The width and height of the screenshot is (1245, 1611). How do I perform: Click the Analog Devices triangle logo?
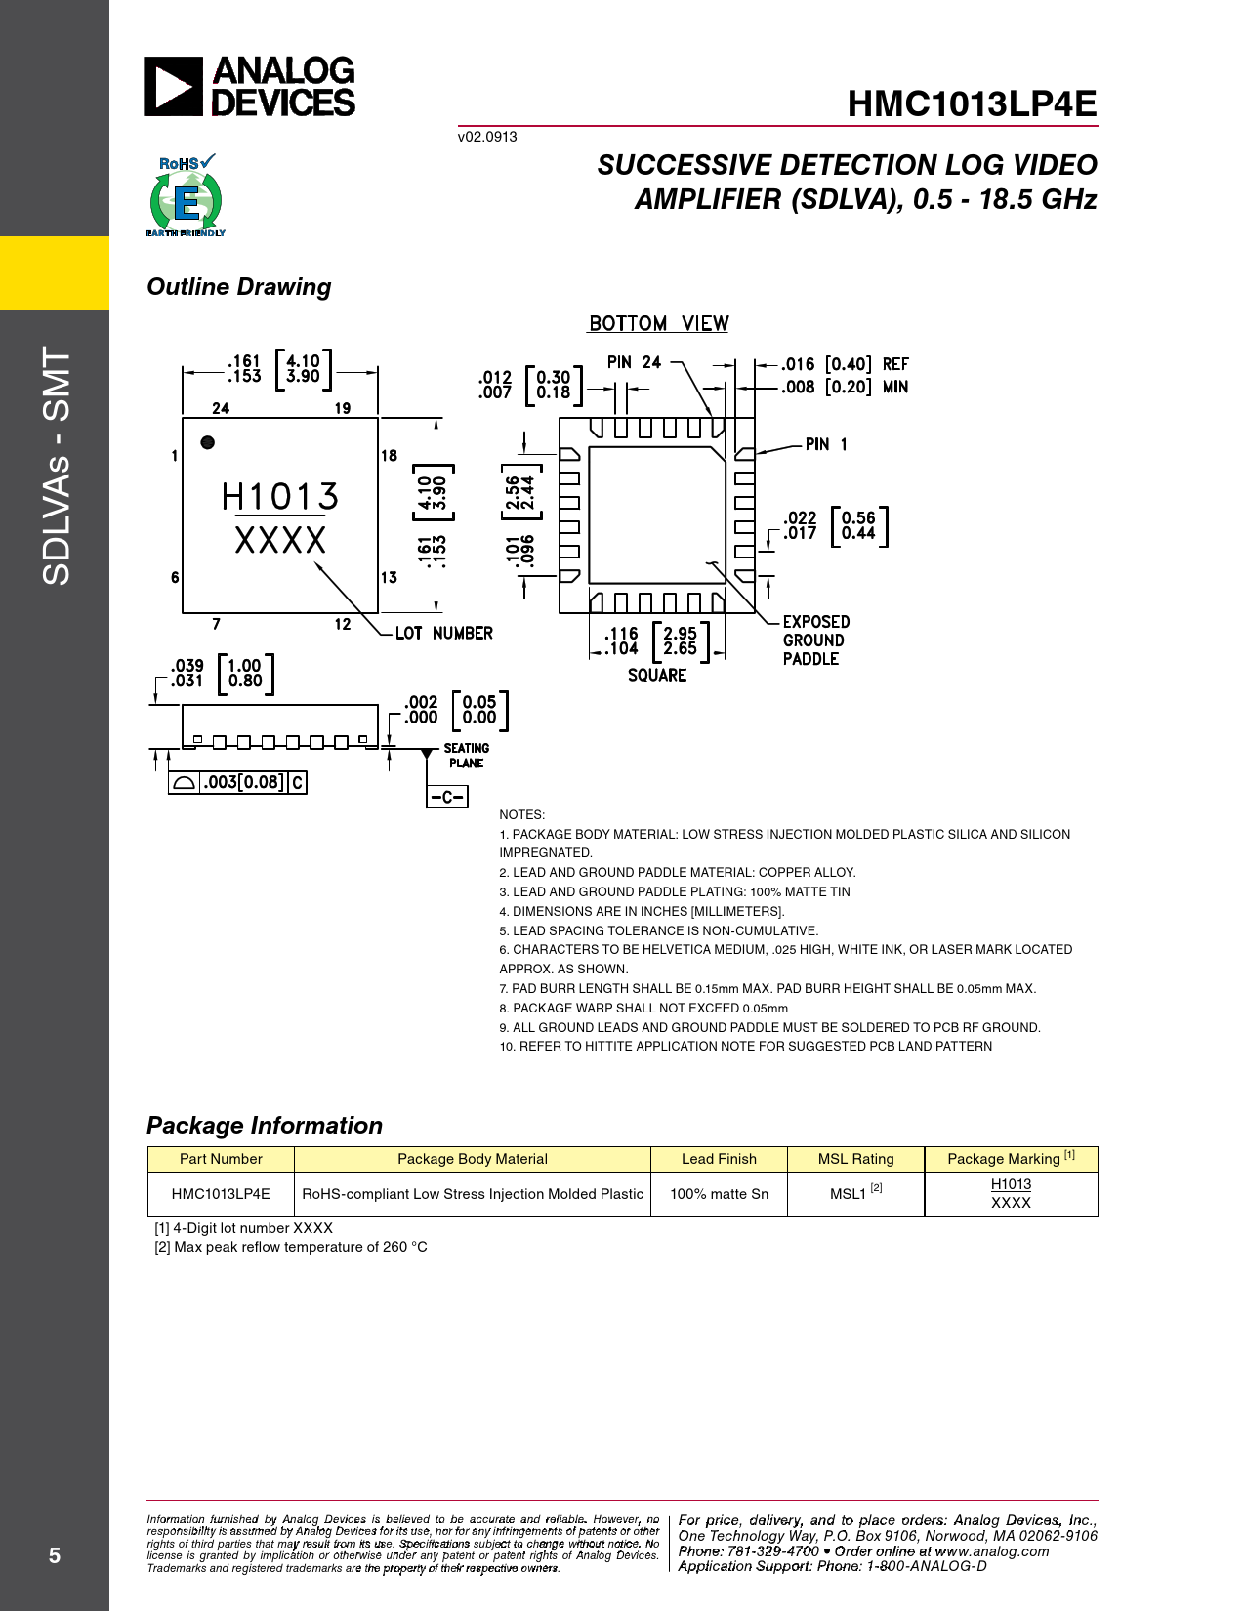173,86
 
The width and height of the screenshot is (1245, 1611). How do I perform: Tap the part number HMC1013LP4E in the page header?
973,103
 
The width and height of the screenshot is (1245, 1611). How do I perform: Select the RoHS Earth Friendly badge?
187,195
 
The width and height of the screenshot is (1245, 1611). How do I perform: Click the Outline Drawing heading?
239,287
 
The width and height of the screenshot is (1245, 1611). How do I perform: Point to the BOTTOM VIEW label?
658,324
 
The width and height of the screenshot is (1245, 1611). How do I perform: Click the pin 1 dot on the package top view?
208,442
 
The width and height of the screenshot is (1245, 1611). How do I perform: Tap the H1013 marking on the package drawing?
280,496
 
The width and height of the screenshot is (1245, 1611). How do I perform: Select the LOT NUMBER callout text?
443,633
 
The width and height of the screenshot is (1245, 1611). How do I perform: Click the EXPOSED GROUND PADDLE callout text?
816,640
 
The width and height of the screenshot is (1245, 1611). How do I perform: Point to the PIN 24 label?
634,362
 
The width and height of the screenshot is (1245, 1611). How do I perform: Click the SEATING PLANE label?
467,756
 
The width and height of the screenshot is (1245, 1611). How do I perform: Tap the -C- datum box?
447,797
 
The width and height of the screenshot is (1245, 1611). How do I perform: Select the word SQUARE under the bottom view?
657,676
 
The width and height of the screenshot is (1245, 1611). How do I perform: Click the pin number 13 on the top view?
390,577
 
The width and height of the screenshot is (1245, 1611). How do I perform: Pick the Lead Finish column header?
719,1159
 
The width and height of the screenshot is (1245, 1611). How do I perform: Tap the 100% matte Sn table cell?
719,1194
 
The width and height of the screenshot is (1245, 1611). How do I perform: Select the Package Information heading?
265,1126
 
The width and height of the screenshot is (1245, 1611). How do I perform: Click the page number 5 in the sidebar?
54,1555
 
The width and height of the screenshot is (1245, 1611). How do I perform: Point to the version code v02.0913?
487,137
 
